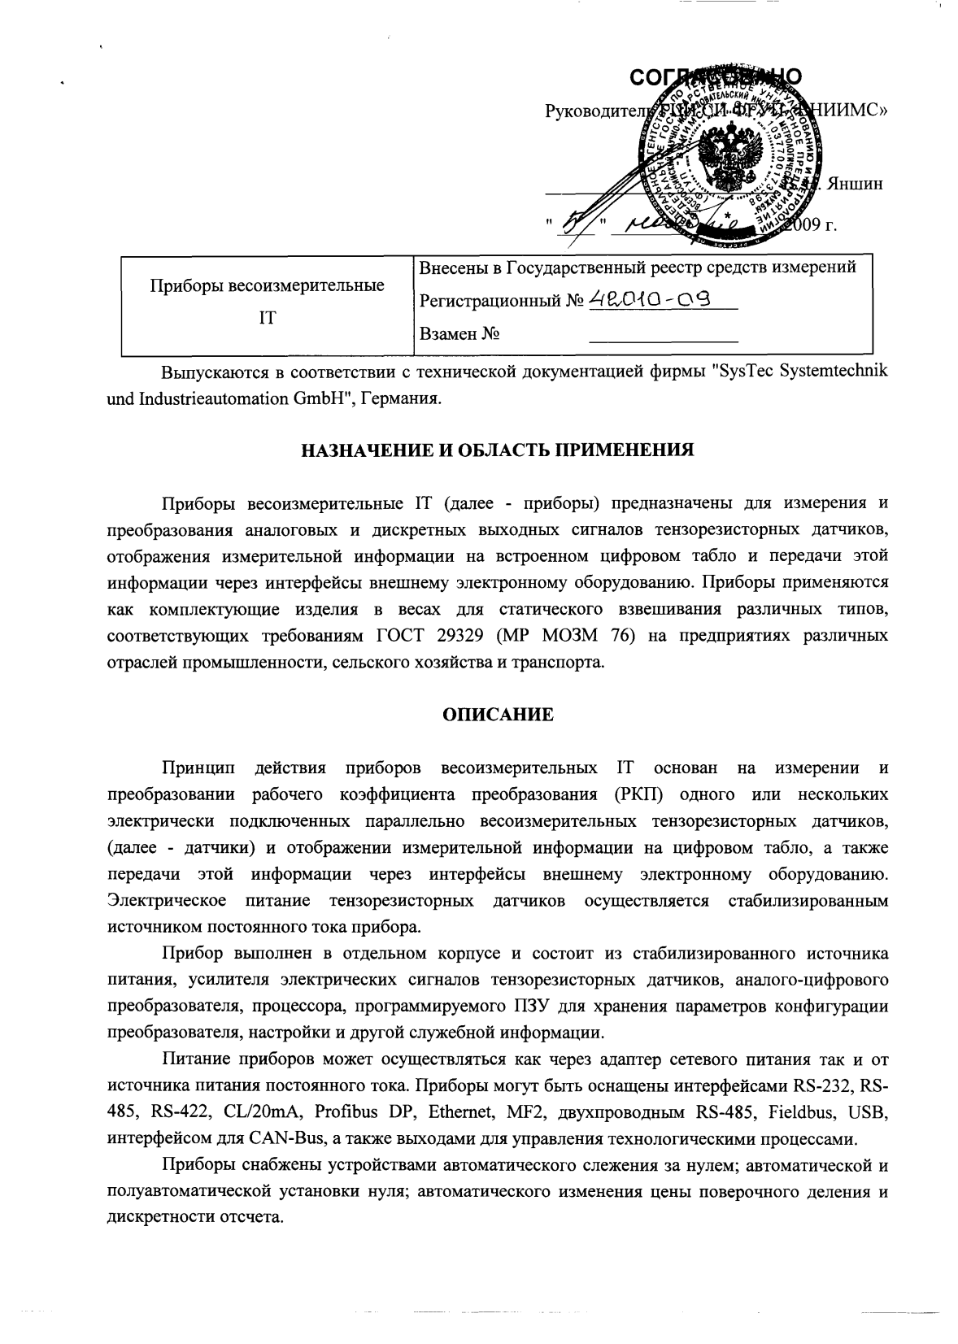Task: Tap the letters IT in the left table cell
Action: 268,318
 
